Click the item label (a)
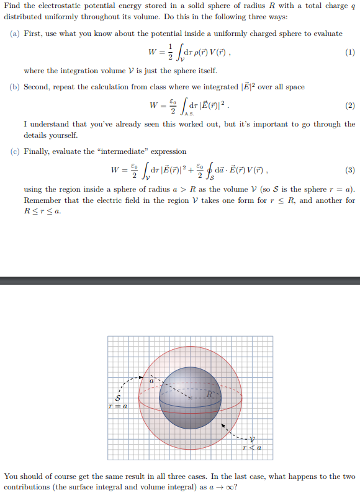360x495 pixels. [15, 33]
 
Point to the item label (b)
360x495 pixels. [15, 87]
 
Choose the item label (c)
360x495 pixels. [15, 151]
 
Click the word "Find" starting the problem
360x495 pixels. [12, 6]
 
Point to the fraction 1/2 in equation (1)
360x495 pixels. [163, 53]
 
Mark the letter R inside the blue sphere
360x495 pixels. [210, 394]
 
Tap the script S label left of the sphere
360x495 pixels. [117, 398]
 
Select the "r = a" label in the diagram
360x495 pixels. [117, 407]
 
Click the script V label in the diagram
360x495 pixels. [251, 439]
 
